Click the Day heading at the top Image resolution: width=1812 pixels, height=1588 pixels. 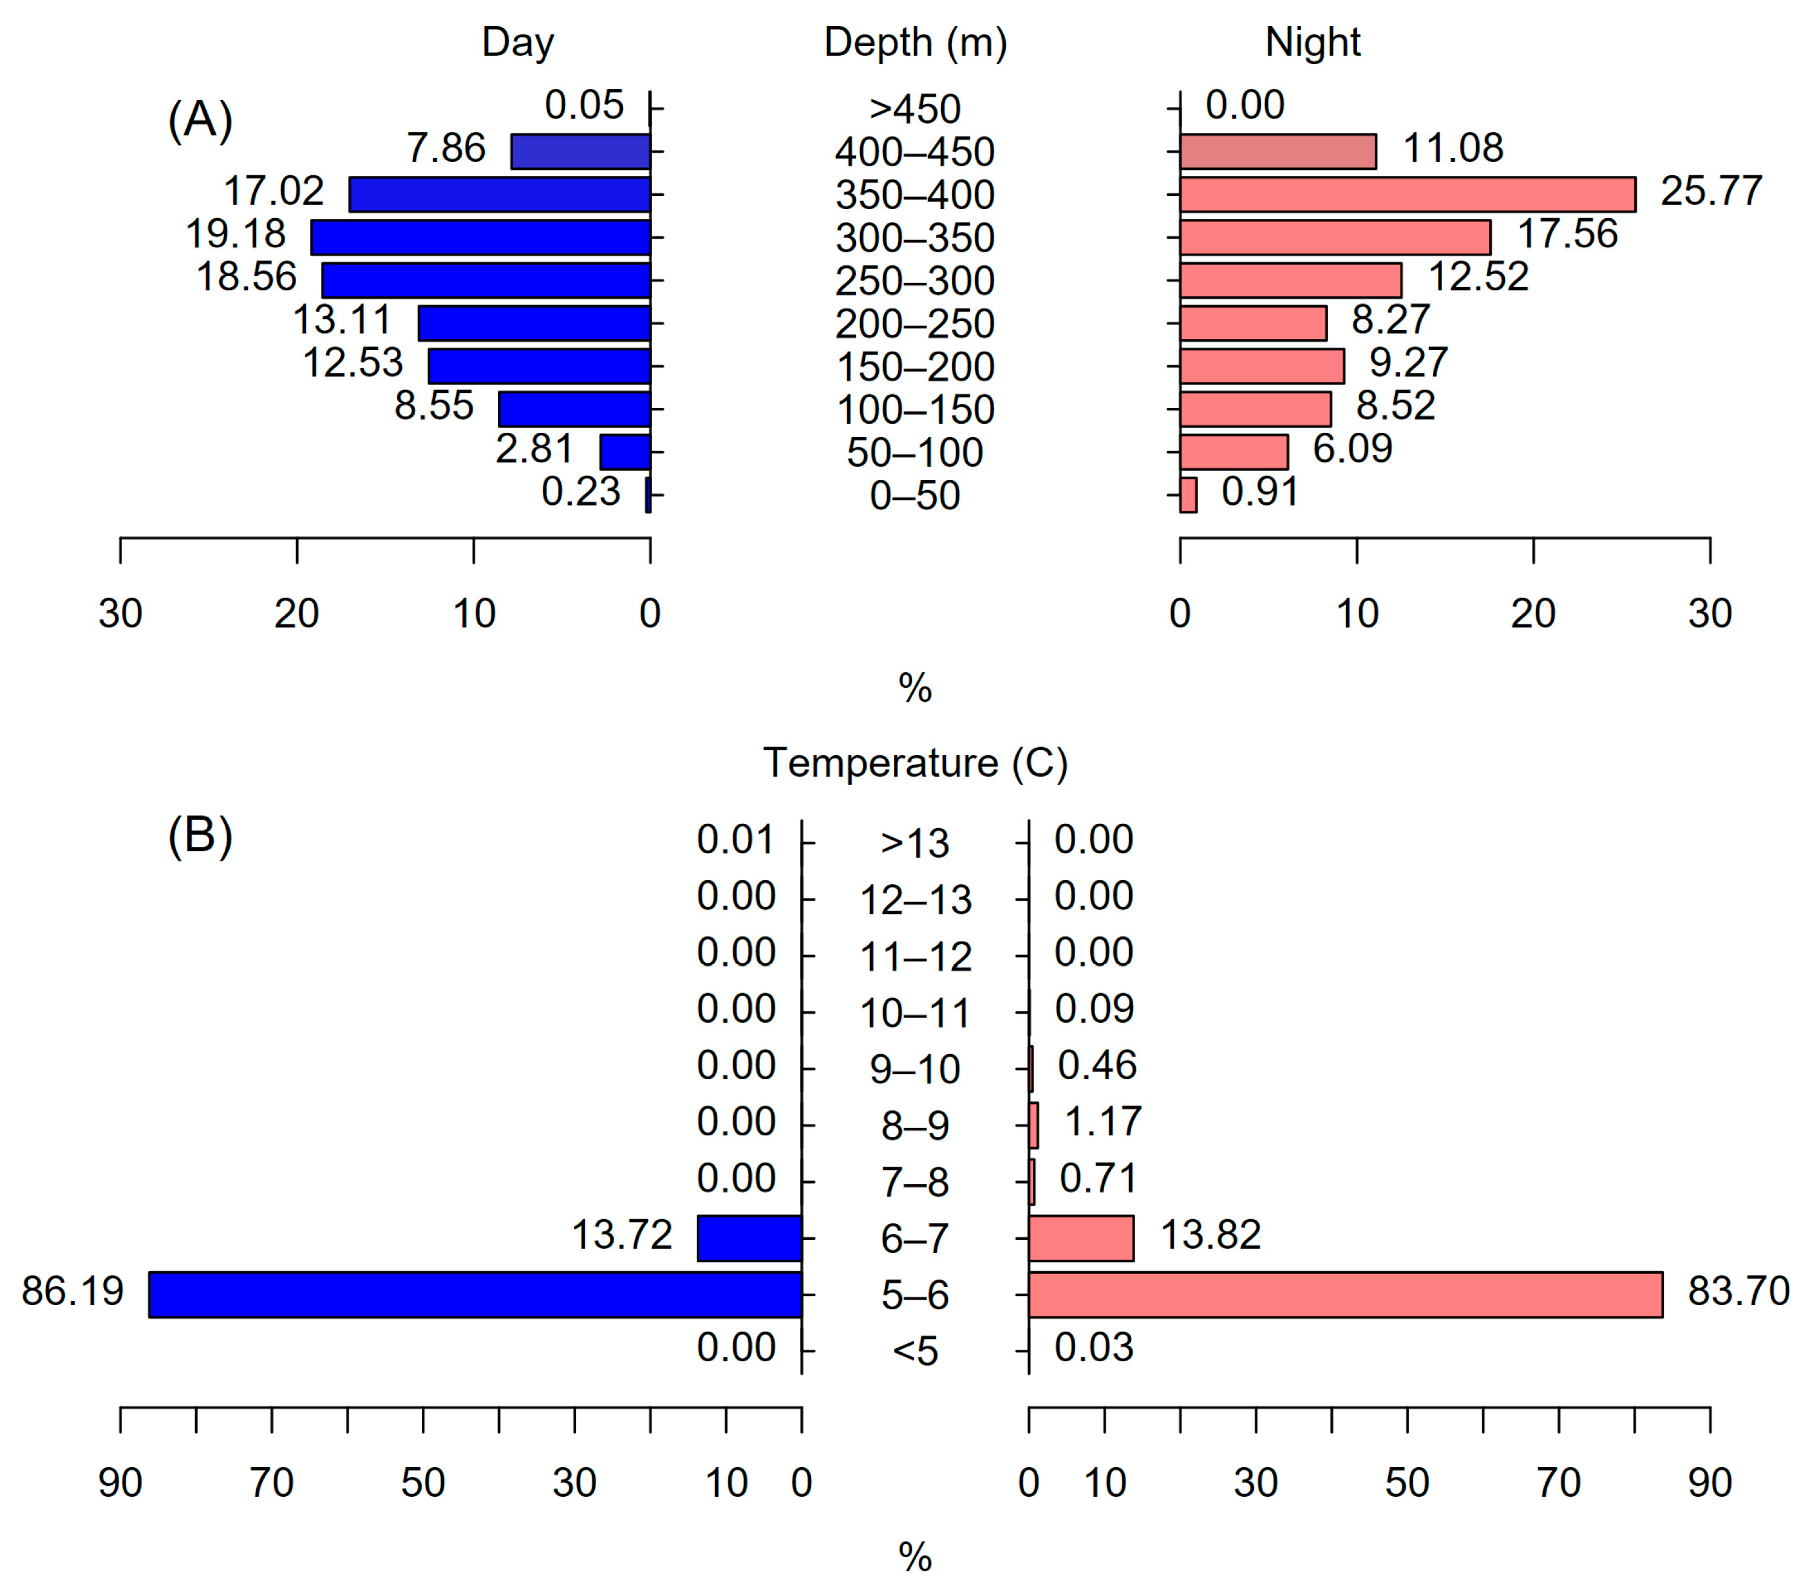point(517,42)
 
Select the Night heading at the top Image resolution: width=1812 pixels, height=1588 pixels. point(1312,42)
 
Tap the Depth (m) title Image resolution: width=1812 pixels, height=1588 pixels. point(915,42)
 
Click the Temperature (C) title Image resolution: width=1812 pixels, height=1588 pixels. point(915,763)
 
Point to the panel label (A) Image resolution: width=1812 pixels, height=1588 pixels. point(200,120)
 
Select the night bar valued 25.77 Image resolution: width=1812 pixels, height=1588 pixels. point(1407,194)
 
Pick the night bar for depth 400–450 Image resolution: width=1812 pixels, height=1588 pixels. point(1278,152)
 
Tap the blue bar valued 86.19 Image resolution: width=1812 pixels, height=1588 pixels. point(475,1295)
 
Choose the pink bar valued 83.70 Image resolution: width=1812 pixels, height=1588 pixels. point(1345,1295)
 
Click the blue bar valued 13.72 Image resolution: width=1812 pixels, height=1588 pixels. point(749,1238)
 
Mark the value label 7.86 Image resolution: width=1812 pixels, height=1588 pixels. point(445,148)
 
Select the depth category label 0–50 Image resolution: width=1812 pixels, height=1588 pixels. point(915,495)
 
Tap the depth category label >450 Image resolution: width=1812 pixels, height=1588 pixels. point(915,109)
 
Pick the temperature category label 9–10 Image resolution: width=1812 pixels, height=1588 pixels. point(915,1069)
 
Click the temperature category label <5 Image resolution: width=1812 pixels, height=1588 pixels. point(915,1352)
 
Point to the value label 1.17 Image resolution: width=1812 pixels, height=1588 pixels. point(1102,1122)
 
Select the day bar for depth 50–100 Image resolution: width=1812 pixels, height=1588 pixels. point(625,452)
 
